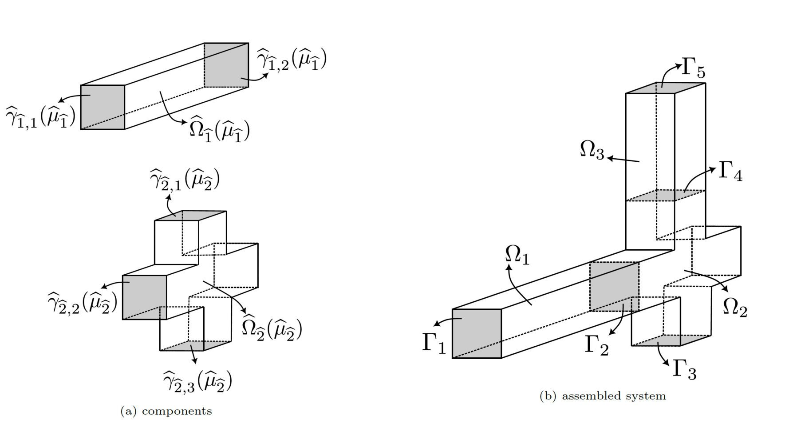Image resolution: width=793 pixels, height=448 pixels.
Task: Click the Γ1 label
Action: click(x=434, y=343)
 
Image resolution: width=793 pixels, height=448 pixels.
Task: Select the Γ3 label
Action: click(x=684, y=369)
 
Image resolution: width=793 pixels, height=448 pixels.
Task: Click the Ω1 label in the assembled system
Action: click(x=517, y=255)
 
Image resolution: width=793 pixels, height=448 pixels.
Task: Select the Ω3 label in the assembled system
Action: click(x=592, y=150)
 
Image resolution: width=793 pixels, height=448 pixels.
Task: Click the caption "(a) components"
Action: click(x=166, y=411)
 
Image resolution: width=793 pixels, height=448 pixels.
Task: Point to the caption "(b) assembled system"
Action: click(x=603, y=396)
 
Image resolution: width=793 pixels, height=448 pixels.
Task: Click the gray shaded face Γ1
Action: click(x=477, y=333)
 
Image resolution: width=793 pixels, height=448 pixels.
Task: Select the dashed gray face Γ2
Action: click(x=614, y=286)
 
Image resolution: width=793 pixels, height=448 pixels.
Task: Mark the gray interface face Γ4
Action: click(x=666, y=195)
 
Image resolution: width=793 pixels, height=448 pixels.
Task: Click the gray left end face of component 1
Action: click(x=103, y=107)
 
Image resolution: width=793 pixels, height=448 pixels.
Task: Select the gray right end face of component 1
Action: click(x=226, y=65)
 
